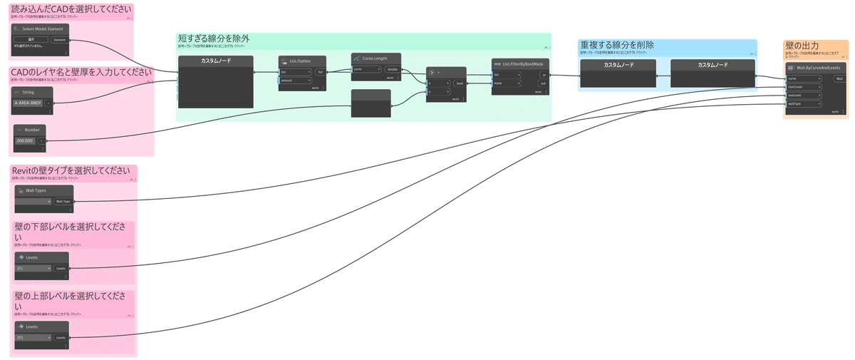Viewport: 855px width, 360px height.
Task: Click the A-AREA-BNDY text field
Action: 28,103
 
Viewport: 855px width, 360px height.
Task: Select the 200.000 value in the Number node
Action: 26,141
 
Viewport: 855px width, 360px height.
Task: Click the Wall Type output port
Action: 63,202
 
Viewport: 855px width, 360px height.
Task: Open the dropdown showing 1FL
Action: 33,269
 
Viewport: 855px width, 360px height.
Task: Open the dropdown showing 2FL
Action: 33,337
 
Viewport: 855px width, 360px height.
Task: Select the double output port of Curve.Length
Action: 393,69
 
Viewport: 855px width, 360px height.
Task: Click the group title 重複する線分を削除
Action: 617,45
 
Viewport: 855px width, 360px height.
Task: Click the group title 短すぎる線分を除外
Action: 214,38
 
